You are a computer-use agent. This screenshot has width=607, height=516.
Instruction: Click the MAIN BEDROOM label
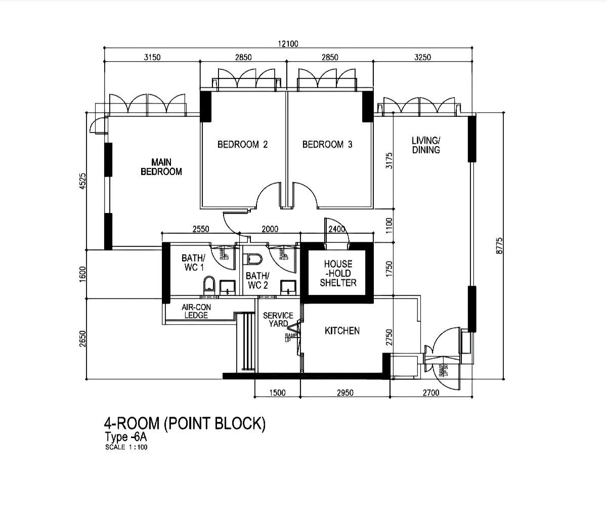[161, 167]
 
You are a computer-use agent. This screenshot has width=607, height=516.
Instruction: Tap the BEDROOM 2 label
[242, 145]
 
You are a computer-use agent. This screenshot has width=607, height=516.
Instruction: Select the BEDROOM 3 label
[327, 145]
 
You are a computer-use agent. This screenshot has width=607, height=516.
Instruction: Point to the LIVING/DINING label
[426, 145]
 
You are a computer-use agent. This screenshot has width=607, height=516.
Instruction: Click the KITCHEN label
[342, 331]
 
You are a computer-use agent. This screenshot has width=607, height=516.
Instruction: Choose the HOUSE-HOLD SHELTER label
[338, 273]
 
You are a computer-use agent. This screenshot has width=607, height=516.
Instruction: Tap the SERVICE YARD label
[278, 319]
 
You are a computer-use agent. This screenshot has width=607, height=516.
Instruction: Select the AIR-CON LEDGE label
[196, 311]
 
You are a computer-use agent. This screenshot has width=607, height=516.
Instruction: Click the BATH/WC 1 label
[193, 263]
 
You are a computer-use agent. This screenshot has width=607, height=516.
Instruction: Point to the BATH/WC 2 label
[257, 280]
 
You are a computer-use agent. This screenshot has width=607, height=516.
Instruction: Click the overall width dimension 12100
[288, 44]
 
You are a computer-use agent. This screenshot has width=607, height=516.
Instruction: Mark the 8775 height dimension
[500, 245]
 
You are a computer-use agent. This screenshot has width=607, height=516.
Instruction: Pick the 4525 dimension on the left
[83, 182]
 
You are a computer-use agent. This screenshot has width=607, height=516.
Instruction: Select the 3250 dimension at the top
[422, 57]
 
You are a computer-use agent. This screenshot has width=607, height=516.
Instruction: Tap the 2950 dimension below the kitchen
[345, 393]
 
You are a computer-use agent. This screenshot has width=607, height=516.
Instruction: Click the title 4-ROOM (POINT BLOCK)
[185, 423]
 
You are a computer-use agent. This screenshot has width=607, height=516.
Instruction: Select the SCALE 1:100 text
[126, 447]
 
